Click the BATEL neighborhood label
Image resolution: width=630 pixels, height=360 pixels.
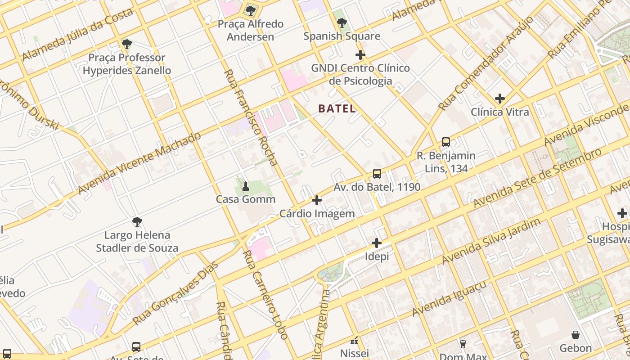click(x=337, y=108)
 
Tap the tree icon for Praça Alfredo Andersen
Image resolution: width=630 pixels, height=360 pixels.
click(x=251, y=10)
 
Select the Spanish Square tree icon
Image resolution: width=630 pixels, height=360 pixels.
click(x=342, y=22)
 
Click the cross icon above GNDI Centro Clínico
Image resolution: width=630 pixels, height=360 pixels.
click(x=360, y=55)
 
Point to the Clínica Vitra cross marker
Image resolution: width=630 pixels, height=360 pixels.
click(x=499, y=99)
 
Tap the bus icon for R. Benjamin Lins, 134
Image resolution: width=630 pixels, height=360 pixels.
click(x=445, y=142)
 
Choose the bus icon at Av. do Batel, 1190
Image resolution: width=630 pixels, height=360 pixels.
click(x=377, y=174)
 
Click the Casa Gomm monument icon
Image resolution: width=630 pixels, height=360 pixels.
click(x=246, y=186)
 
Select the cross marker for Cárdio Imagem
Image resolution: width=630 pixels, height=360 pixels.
click(x=317, y=200)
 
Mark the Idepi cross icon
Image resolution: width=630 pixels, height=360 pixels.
click(x=377, y=243)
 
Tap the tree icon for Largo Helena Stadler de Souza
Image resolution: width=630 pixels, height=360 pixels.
click(x=137, y=222)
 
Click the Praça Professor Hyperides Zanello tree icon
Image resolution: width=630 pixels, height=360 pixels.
click(x=127, y=44)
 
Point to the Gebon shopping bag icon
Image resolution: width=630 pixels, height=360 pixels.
click(x=576, y=335)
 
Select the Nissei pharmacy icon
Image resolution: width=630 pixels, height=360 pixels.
click(x=354, y=340)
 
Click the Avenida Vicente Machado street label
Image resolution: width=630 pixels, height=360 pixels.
click(x=139, y=163)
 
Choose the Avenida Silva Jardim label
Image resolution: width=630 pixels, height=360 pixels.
click(x=491, y=242)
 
